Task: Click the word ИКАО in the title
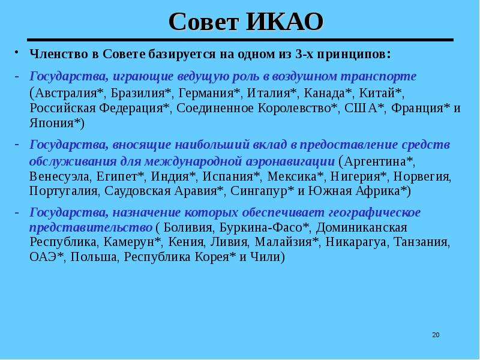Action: coord(284,22)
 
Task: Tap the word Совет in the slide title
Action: coord(203,22)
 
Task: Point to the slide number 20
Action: coord(436,335)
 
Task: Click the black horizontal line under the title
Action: coord(241,40)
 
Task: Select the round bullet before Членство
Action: coord(17,52)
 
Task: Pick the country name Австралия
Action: coord(66,93)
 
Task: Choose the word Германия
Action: coord(206,93)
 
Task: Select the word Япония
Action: coord(52,123)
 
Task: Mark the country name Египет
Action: coord(117,176)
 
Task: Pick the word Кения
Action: coord(186,242)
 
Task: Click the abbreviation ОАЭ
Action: coord(43,257)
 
